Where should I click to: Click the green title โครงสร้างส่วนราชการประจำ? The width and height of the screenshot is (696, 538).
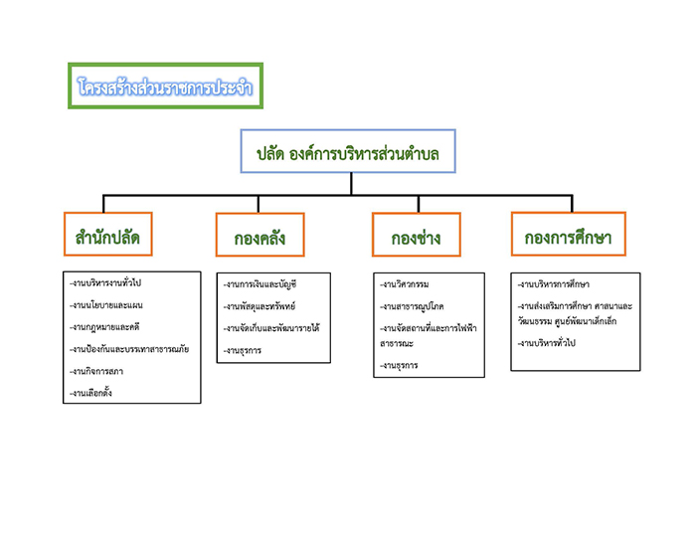pos(165,87)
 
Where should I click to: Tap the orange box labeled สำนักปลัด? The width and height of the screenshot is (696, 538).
pos(106,238)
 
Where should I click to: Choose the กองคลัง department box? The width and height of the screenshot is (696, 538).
pos(260,239)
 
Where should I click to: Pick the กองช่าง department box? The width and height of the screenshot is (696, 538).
pos(416,239)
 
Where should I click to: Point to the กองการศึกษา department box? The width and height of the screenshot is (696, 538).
pos(568,238)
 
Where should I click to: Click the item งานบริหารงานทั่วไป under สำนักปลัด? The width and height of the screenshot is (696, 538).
pos(106,283)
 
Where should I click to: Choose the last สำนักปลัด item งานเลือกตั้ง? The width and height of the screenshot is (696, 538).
pos(91,393)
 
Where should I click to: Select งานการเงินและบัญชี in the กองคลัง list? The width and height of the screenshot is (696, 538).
pos(261,284)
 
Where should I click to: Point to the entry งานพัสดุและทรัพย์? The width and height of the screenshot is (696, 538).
pos(259,306)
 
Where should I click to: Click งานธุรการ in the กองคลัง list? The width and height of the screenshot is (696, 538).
pos(245,350)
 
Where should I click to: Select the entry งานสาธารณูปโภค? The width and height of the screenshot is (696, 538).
pos(412,306)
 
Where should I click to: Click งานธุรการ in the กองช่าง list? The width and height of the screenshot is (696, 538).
pos(400,366)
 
